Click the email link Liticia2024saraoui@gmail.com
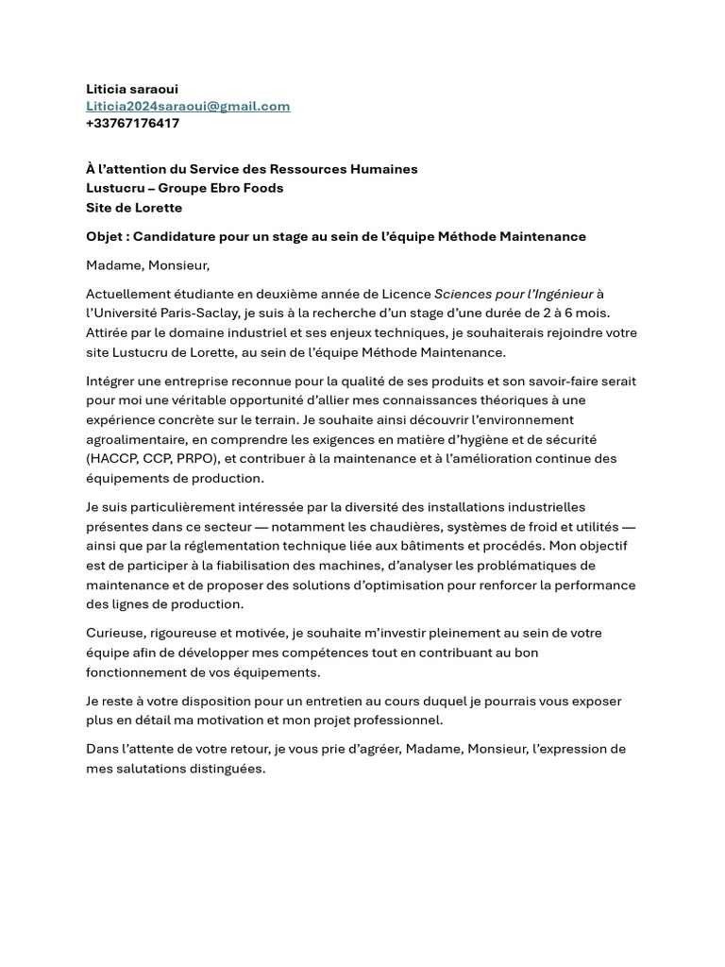(188, 106)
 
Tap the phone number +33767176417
(132, 123)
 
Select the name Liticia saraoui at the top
(132, 89)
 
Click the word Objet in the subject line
(104, 236)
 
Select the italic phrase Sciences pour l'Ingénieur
(513, 294)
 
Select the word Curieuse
(115, 633)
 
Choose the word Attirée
(110, 332)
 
